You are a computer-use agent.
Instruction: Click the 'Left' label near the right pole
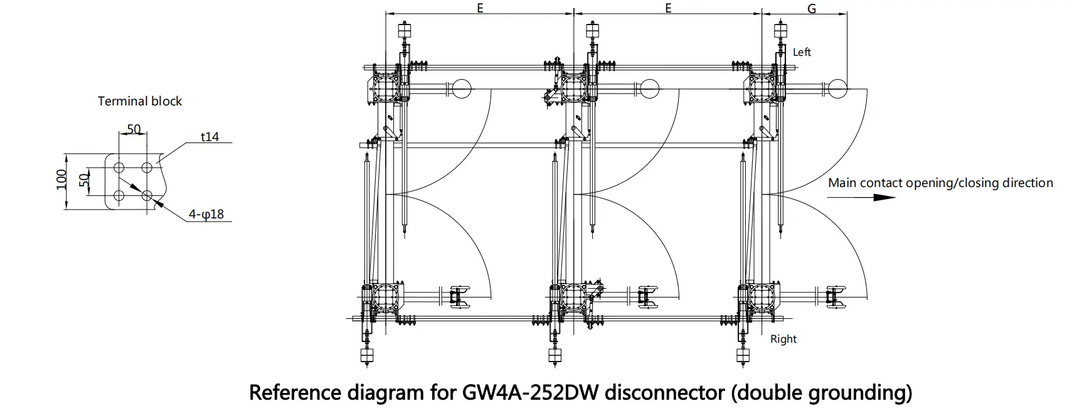pyautogui.click(x=802, y=52)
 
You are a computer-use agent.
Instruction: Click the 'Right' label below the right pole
pyautogui.click(x=783, y=339)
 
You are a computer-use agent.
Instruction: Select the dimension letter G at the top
pyautogui.click(x=811, y=9)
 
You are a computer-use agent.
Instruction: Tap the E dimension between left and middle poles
pyautogui.click(x=480, y=9)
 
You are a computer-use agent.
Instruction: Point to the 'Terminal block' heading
pyautogui.click(x=140, y=101)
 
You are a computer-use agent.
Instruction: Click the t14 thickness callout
pyautogui.click(x=210, y=136)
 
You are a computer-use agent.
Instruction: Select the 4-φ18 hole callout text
pyautogui.click(x=206, y=215)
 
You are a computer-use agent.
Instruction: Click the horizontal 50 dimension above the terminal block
pyautogui.click(x=134, y=129)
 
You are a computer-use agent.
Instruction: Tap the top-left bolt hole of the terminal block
pyautogui.click(x=119, y=168)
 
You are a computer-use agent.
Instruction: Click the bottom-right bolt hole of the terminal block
pyautogui.click(x=147, y=196)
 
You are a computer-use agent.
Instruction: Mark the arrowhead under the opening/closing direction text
pyautogui.click(x=884, y=197)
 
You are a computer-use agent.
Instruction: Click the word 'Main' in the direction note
pyautogui.click(x=842, y=183)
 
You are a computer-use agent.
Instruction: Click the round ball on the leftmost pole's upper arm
pyautogui.click(x=461, y=88)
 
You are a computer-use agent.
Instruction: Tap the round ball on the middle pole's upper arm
pyautogui.click(x=649, y=88)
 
